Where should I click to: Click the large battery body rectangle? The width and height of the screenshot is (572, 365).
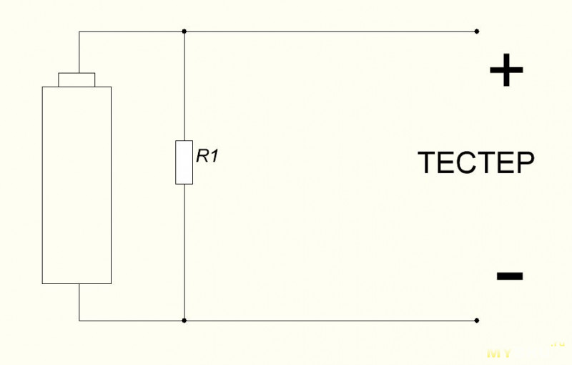(77, 185)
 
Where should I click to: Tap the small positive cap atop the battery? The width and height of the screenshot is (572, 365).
(77, 79)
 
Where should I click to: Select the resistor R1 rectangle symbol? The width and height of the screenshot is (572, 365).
(184, 162)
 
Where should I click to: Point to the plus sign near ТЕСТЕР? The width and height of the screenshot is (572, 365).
(506, 71)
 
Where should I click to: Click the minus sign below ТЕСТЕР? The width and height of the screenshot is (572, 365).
(508, 276)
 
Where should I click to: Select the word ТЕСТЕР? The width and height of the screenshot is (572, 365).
(475, 163)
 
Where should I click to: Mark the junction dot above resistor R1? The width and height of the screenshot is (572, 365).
(184, 31)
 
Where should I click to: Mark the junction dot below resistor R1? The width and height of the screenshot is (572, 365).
(184, 321)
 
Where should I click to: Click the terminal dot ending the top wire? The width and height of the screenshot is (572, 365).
(477, 31)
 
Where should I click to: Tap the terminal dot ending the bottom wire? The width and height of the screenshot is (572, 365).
(477, 321)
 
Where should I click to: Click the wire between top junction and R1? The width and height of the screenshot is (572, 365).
(184, 86)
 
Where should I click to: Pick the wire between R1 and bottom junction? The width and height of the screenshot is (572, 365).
(184, 250)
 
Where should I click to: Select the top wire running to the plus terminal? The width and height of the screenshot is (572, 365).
(329, 31)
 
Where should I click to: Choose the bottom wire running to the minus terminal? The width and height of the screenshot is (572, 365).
(329, 321)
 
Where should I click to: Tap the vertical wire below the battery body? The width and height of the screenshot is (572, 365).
(79, 302)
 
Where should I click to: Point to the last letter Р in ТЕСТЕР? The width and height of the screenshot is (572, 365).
(526, 163)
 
